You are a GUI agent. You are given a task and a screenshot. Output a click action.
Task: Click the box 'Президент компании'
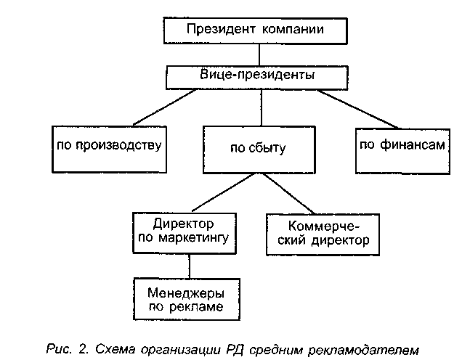[254, 31]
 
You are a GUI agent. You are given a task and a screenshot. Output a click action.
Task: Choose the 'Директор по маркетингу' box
[184, 231]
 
